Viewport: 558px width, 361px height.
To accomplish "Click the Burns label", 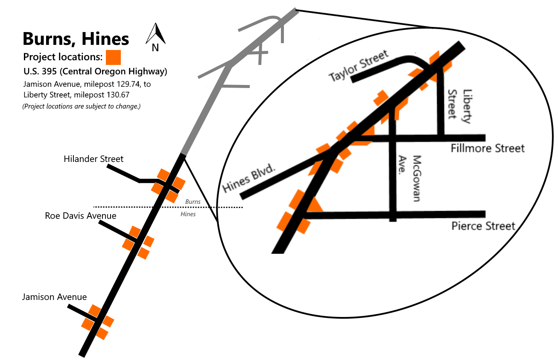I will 193,202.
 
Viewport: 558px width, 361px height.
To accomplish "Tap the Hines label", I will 188,214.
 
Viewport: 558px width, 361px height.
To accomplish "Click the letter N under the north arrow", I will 155,48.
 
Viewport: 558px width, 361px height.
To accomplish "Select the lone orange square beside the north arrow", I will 113,57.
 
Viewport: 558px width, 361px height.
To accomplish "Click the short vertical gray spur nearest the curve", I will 283,32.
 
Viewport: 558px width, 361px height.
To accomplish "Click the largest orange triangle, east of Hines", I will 315,205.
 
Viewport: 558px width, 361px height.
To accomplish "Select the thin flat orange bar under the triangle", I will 361,143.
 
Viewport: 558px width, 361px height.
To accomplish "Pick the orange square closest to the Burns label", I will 172,197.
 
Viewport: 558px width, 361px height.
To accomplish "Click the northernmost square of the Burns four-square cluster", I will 164,174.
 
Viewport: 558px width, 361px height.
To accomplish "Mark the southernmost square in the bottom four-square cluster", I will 102,333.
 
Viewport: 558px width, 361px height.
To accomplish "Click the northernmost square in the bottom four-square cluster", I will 95,311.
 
